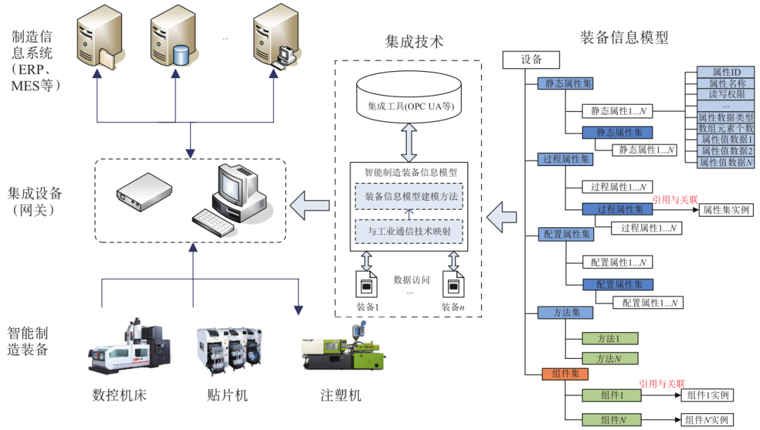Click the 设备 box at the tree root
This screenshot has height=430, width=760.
[x=531, y=61]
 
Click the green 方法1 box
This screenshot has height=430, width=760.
[x=610, y=338]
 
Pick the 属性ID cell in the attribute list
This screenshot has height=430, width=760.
[x=726, y=72]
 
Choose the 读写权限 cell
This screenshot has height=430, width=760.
[x=726, y=94]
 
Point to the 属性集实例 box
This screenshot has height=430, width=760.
[x=726, y=210]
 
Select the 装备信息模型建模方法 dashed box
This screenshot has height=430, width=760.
[x=408, y=196]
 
